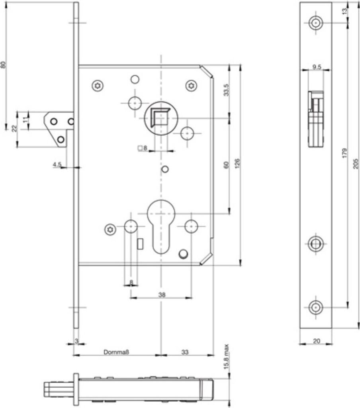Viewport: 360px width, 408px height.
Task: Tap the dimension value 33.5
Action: (227, 90)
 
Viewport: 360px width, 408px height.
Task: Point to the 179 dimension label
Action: (344, 153)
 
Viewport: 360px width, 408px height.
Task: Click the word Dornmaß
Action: (116, 352)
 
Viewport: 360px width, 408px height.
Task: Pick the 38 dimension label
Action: (162, 294)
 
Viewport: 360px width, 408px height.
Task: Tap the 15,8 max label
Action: (226, 357)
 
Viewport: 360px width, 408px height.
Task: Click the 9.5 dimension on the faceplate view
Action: (317, 67)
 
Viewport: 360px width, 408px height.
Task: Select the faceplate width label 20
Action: (316, 341)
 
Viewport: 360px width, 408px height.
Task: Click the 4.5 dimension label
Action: (57, 165)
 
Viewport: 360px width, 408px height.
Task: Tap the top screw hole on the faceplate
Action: (316, 23)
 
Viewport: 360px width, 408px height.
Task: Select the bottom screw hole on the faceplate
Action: (316, 307)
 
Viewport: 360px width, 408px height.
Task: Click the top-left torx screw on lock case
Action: (98, 86)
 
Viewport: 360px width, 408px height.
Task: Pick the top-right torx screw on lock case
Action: (191, 86)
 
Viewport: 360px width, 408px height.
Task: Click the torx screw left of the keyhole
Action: (110, 229)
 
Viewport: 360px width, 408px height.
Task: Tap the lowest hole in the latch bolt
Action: (61, 139)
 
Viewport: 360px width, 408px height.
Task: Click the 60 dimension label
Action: (226, 165)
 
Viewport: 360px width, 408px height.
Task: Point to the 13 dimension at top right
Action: (344, 11)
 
